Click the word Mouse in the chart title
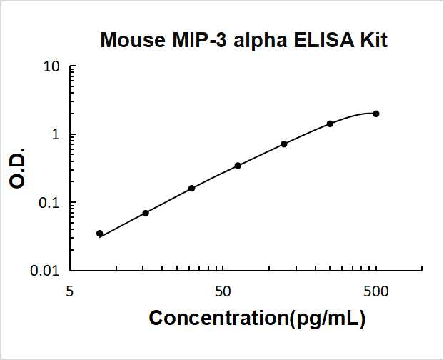131,40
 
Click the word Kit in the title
372,40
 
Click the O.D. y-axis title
19,169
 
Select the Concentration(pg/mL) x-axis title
257,319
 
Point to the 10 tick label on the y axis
52,67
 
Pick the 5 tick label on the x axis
70,291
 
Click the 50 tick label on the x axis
223,291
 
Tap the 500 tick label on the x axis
376,291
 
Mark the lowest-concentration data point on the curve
99,234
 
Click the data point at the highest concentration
376,114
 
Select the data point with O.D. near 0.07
146,213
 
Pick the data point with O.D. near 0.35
238,166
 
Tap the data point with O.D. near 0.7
284,144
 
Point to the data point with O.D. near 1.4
330,124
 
